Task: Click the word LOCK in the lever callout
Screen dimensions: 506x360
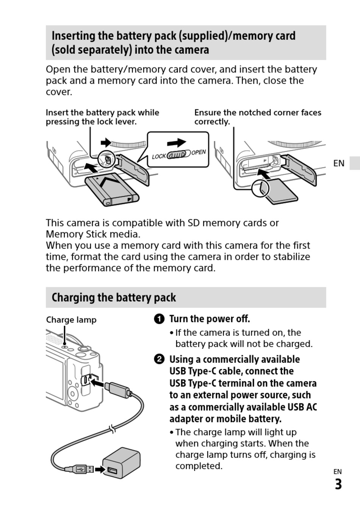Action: click(x=159, y=156)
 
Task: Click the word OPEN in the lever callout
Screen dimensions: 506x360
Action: click(x=199, y=152)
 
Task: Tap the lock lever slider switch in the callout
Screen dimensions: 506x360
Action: click(x=178, y=155)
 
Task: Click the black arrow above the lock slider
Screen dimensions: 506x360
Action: click(x=177, y=143)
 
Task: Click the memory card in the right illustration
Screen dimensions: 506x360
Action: click(x=280, y=191)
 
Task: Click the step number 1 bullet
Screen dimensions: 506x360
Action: click(x=160, y=319)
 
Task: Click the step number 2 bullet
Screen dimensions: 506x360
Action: click(x=160, y=359)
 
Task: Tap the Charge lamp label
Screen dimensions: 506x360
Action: click(x=71, y=320)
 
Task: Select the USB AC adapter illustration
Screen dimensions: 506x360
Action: click(x=121, y=462)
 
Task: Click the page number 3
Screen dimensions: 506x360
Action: click(x=338, y=484)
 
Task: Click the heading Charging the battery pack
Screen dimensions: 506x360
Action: click(x=114, y=297)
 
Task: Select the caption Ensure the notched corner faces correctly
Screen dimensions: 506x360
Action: click(x=257, y=117)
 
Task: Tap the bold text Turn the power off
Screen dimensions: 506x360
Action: click(x=210, y=319)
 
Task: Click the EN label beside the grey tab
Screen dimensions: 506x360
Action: click(x=339, y=163)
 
